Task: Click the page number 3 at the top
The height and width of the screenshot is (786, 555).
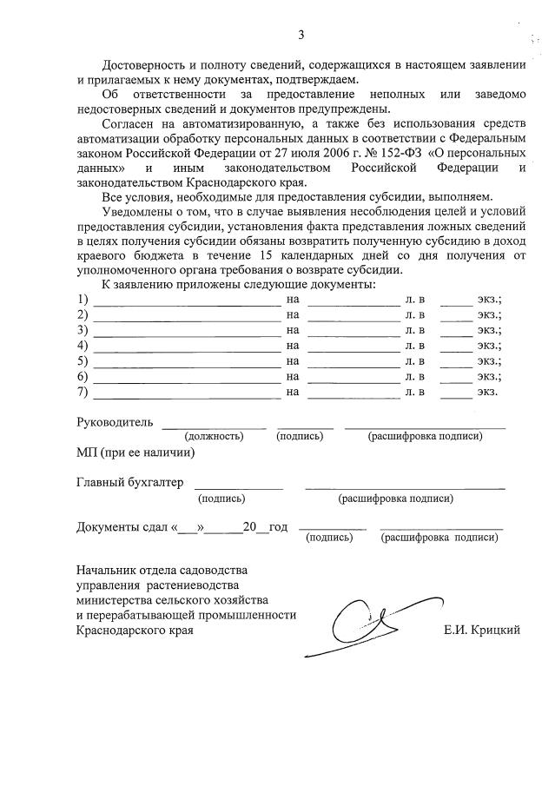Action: coord(301,36)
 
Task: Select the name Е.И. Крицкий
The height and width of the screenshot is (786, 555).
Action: coord(482,631)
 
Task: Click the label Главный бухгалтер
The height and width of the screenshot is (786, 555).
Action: coord(129,482)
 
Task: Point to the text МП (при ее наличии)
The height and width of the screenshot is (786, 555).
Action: coord(135,452)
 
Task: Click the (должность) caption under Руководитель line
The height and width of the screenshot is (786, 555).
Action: coord(214,437)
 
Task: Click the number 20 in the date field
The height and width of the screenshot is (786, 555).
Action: coord(251,527)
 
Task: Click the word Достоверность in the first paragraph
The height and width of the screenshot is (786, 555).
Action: coord(145,65)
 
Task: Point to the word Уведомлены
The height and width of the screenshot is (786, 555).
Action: coord(141,212)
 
